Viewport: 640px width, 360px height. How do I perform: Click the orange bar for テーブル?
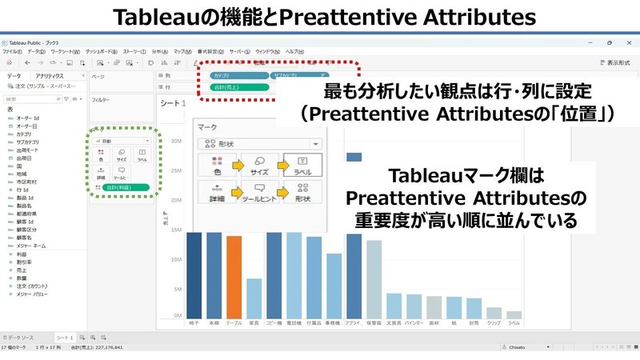coord(234,277)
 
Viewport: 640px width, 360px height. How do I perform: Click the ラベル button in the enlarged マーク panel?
coord(302,166)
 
